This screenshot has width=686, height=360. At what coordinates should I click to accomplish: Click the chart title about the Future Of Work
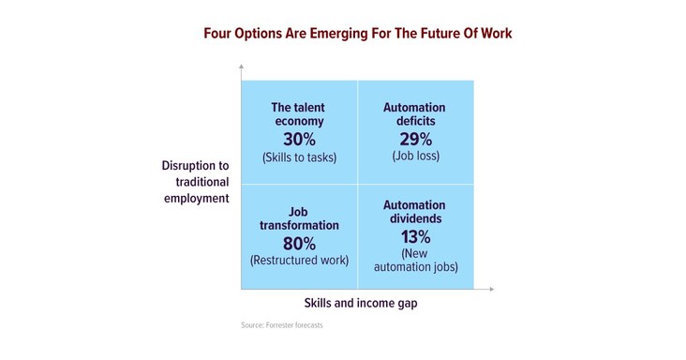click(x=358, y=33)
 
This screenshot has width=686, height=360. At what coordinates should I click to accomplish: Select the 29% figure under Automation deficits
click(x=414, y=137)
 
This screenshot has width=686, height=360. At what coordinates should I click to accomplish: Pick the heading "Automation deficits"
click(x=414, y=113)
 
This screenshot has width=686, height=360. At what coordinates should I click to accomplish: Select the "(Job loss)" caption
click(x=414, y=156)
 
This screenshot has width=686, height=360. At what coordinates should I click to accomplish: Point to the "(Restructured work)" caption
click(x=300, y=260)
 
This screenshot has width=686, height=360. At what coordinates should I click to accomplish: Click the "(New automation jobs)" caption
click(x=414, y=260)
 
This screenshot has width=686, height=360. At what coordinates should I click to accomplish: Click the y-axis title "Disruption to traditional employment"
click(x=196, y=182)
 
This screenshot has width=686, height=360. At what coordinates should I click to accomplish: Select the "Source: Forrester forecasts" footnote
click(x=281, y=325)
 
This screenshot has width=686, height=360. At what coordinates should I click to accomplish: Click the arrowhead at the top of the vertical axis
click(x=241, y=67)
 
